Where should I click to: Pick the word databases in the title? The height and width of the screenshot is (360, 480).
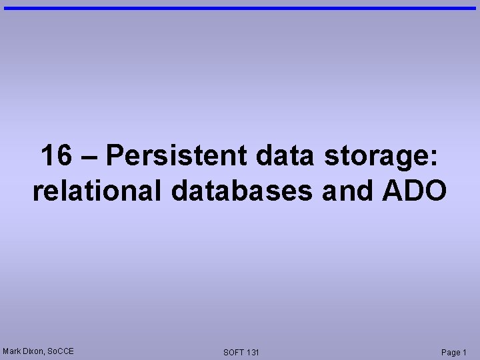click(241, 191)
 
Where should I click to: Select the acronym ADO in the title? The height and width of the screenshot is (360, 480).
click(414, 191)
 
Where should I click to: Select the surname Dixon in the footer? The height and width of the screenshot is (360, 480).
click(33, 351)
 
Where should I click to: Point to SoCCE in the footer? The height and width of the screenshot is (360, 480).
click(61, 351)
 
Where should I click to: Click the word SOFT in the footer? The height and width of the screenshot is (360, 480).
click(234, 352)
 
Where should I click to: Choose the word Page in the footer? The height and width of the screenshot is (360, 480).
click(451, 352)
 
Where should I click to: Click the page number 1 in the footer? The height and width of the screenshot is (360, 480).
click(465, 352)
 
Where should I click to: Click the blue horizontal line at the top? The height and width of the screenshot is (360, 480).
click(240, 8)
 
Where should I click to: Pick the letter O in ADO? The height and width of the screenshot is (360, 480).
click(434, 191)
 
